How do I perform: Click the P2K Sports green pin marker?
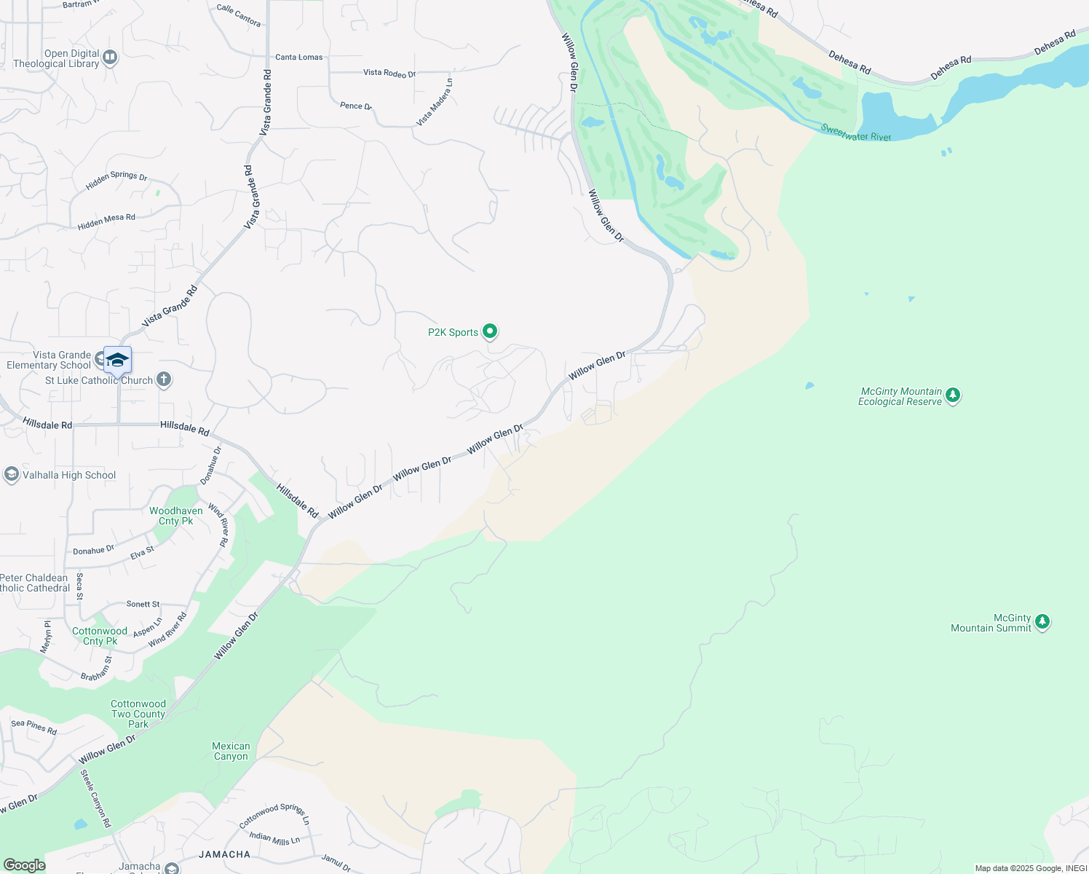tap(491, 331)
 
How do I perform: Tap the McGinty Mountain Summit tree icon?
tap(1042, 622)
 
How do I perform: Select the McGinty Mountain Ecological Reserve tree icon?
tap(953, 395)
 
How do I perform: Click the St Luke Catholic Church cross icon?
tap(165, 379)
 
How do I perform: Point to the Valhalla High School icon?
tap(12, 475)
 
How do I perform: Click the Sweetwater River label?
tap(856, 133)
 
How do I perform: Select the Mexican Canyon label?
tap(231, 751)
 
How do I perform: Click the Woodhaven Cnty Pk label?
tap(175, 516)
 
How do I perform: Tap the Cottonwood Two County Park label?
tap(138, 714)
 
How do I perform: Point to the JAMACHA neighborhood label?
tap(224, 854)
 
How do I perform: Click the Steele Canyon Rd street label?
tap(96, 798)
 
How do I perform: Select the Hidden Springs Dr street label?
tap(116, 181)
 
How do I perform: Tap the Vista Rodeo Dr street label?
tap(389, 73)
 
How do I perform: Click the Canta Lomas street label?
tap(298, 57)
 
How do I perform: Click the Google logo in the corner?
tap(24, 865)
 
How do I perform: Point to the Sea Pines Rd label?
tap(34, 726)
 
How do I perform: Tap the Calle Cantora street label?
tap(239, 15)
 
